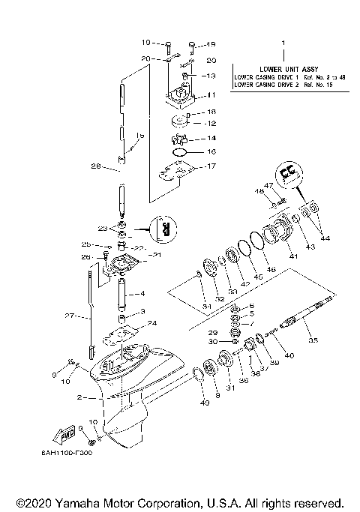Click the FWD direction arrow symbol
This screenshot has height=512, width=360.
coord(57,434)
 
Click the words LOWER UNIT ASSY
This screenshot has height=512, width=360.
coord(285,67)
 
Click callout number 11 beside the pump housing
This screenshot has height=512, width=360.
coord(211,95)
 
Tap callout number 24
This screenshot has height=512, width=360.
coord(153,324)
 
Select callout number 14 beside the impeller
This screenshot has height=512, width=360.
coord(211,139)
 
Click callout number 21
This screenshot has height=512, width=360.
coord(157,256)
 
